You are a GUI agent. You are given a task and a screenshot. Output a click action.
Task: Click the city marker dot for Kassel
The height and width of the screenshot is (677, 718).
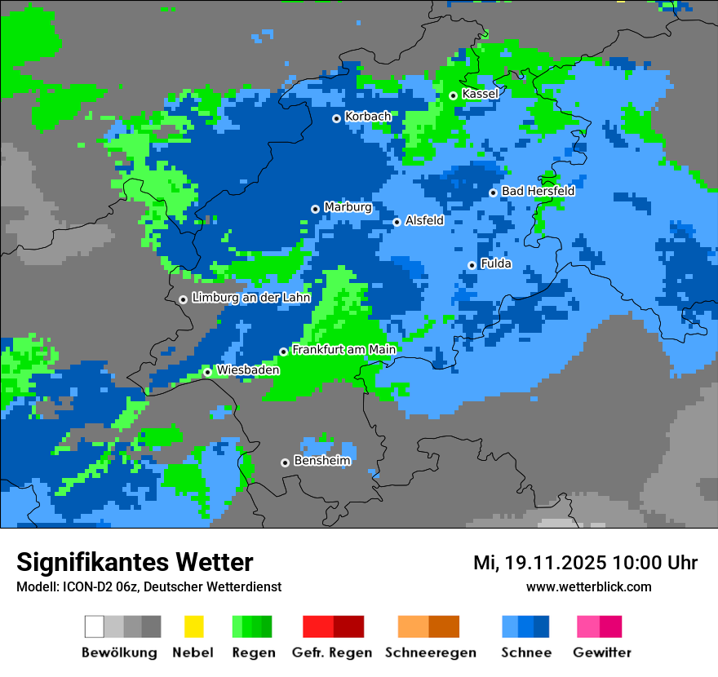[453, 95]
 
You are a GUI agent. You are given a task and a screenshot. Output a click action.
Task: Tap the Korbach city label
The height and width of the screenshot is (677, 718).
[367, 117]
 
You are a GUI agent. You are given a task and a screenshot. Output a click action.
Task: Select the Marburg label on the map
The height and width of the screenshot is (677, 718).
[348, 207]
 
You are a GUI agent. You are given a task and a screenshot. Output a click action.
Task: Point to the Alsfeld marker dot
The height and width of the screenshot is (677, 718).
[397, 222]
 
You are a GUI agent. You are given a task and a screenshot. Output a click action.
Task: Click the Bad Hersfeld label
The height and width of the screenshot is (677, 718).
[538, 191]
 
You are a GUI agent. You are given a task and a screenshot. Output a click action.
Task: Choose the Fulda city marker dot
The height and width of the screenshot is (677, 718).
[472, 265]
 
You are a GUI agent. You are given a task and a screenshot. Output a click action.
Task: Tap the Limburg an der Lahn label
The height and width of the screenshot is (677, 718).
[251, 298]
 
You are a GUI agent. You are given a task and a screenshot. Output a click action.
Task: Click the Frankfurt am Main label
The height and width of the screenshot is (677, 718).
[343, 350]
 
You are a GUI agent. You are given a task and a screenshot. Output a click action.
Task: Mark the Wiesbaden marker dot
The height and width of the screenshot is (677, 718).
[207, 372]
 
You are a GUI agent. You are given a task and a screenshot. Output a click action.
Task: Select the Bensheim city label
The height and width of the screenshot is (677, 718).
[321, 461]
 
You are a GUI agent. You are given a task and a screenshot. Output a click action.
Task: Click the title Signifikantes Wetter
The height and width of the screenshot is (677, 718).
[135, 562]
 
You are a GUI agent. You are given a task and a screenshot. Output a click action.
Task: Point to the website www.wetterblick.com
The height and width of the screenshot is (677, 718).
[588, 586]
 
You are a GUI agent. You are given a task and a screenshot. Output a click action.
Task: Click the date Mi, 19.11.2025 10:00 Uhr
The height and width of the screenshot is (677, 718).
[585, 563]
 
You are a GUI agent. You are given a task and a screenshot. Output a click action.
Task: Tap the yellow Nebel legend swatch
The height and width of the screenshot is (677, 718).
[193, 626]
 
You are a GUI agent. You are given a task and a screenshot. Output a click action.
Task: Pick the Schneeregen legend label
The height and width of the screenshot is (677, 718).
[430, 653]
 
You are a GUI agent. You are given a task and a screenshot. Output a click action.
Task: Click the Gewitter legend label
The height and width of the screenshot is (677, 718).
[601, 653]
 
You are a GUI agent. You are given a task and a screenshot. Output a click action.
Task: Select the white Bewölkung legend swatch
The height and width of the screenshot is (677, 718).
[95, 626]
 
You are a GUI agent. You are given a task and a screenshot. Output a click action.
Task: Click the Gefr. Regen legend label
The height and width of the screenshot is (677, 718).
[332, 653]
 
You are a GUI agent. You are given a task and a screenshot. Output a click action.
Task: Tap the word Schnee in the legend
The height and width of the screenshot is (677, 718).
[525, 653]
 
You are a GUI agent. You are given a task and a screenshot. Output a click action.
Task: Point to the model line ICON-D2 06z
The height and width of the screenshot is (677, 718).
[148, 586]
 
